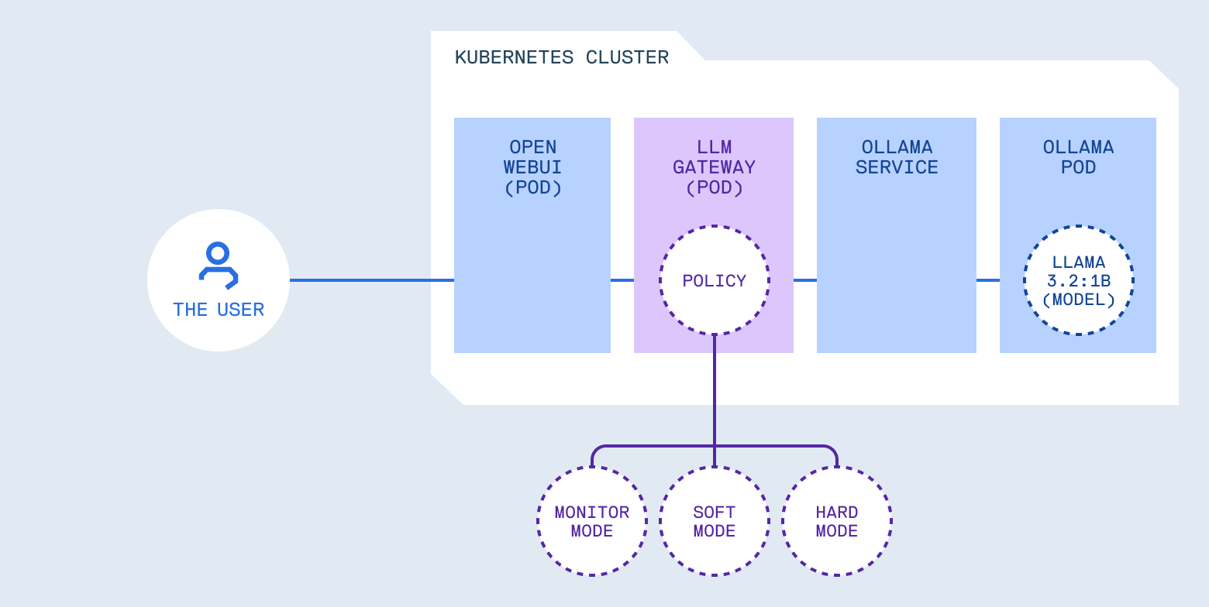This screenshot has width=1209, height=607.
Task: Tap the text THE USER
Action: tap(219, 310)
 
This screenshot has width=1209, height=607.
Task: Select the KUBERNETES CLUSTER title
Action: tap(561, 57)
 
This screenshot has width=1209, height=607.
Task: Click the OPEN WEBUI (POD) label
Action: tap(532, 167)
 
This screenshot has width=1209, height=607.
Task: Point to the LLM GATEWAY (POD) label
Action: tap(714, 167)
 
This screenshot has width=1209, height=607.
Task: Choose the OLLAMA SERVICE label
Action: tap(897, 157)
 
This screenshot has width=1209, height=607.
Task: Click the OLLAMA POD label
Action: tap(1078, 157)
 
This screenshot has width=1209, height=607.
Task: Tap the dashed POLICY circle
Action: tap(714, 280)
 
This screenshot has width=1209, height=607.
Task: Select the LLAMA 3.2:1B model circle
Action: tap(1078, 280)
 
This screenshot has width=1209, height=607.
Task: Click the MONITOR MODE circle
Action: tap(592, 521)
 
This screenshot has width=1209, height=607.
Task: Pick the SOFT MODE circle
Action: tap(714, 521)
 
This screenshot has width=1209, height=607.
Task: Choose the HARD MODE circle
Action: tap(837, 521)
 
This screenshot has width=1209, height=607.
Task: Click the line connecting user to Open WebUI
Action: tap(372, 280)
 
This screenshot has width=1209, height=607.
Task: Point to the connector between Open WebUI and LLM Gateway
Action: tap(622, 280)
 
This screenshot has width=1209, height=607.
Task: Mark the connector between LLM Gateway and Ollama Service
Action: tap(805, 280)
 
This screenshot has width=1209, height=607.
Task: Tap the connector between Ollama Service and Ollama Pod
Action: tap(988, 280)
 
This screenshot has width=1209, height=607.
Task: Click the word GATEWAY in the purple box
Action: tap(714, 167)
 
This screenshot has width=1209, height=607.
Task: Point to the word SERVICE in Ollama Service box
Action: tap(897, 167)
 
